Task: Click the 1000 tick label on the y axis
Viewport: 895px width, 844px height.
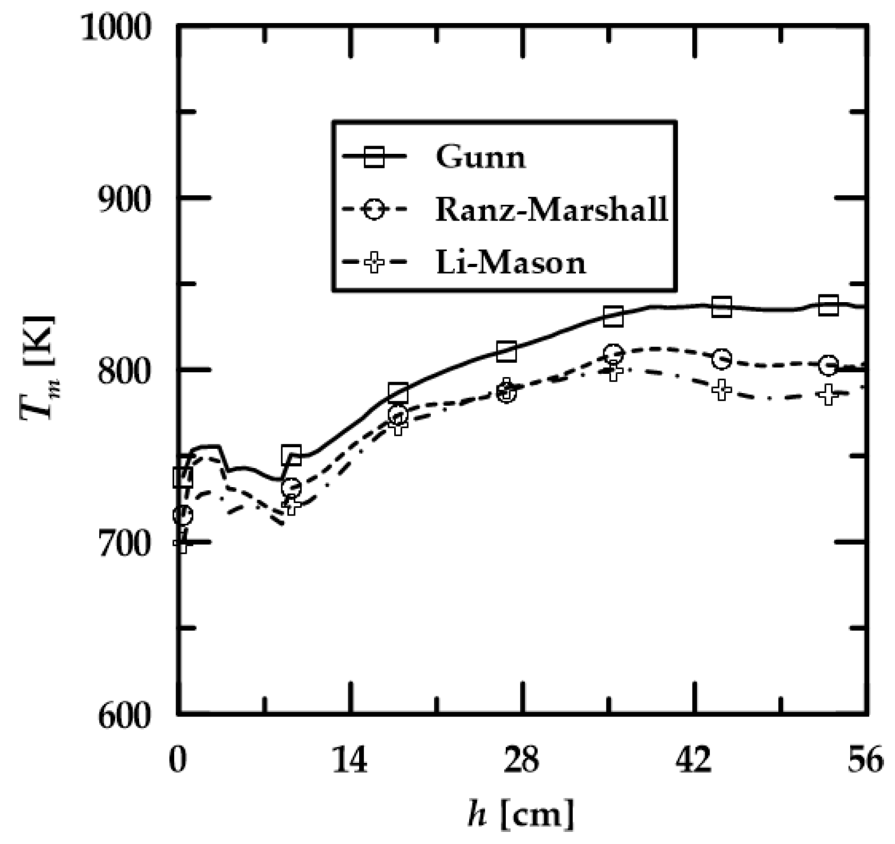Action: coord(116,27)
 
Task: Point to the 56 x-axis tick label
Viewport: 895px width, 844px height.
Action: coord(865,759)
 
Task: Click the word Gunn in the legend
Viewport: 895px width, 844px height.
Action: coord(481,158)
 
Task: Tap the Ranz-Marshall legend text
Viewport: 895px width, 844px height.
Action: coord(552,209)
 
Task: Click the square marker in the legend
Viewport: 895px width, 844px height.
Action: coord(374,157)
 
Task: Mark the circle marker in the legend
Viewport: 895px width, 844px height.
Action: coord(374,210)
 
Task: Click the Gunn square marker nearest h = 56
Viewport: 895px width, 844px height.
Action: coord(828,305)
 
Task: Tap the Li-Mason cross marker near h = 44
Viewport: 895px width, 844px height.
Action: coord(722,390)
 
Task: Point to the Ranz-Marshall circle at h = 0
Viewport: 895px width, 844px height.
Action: coord(182,515)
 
